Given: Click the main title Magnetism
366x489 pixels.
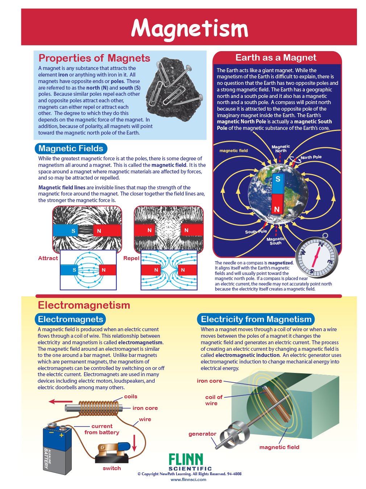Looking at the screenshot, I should click(189, 28).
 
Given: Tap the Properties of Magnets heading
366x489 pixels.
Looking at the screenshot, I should click(94, 58).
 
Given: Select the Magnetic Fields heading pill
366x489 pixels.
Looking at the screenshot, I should click(71, 148).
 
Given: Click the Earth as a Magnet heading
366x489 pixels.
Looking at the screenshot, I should click(276, 58).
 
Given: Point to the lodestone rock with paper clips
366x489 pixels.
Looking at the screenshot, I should click(176, 84).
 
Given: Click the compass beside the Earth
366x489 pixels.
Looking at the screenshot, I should click(316, 257).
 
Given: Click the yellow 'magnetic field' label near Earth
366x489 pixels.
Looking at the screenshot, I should click(234, 151).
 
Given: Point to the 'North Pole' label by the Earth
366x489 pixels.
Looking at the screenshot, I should click(311, 157).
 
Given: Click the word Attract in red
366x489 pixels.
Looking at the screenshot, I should click(48, 258).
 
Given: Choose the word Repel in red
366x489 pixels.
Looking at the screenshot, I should click(131, 258).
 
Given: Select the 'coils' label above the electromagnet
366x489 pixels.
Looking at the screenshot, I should click(130, 396).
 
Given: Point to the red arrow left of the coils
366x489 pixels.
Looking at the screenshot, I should click(61, 402).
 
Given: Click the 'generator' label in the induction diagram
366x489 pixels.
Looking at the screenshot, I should click(202, 434).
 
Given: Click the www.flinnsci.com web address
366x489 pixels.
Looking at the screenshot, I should click(188, 480).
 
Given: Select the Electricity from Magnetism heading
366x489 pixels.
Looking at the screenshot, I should click(256, 319).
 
